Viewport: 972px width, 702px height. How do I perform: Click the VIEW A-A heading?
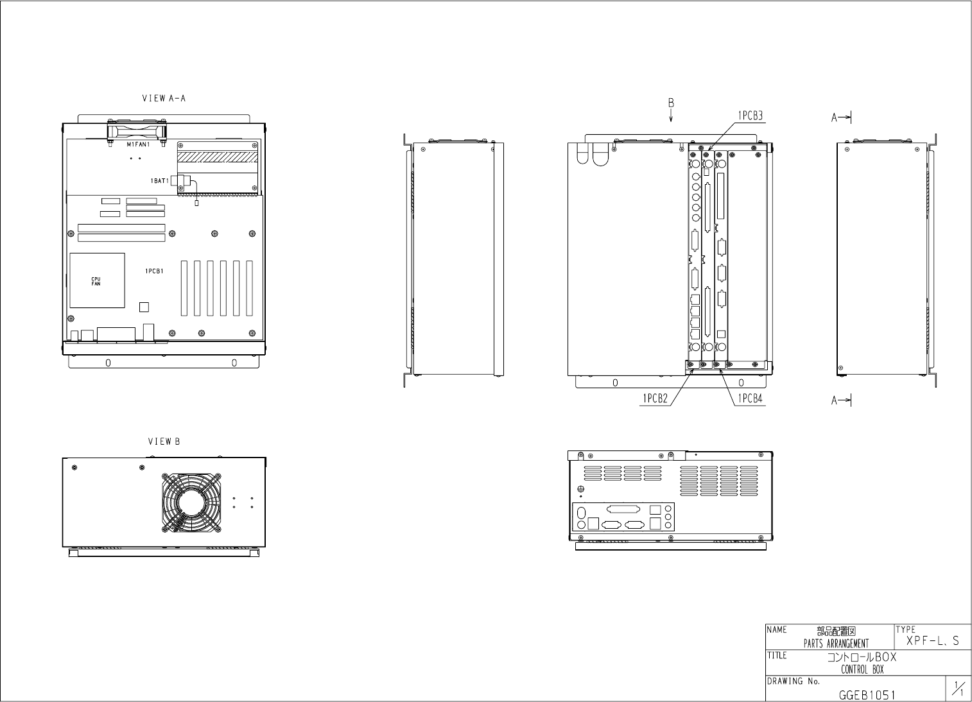pyautogui.click(x=164, y=99)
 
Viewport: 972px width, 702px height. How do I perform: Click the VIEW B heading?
pyautogui.click(x=164, y=441)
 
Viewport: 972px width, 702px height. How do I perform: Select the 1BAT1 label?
pyautogui.click(x=160, y=181)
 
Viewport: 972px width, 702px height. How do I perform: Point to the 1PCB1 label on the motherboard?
pyautogui.click(x=154, y=271)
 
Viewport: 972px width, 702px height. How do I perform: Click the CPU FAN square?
pyautogui.click(x=97, y=280)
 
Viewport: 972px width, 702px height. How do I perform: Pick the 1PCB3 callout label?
pyautogui.click(x=749, y=116)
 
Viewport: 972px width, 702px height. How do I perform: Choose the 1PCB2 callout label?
pyautogui.click(x=655, y=398)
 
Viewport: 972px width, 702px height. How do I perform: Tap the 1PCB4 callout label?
pyautogui.click(x=749, y=398)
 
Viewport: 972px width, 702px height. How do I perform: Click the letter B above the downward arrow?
pyautogui.click(x=671, y=103)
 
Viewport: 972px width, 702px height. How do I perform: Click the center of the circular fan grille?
pyautogui.click(x=192, y=502)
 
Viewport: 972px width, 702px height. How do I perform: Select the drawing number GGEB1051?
pyautogui.click(x=867, y=695)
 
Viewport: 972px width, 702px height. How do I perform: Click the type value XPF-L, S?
pyautogui.click(x=933, y=641)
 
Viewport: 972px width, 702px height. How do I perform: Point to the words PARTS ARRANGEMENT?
pyautogui.click(x=836, y=644)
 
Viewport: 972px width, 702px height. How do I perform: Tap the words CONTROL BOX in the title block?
pyautogui.click(x=862, y=670)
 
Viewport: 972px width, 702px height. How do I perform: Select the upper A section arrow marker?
pyautogui.click(x=841, y=117)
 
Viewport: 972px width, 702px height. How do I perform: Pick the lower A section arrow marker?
pyautogui.click(x=841, y=400)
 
